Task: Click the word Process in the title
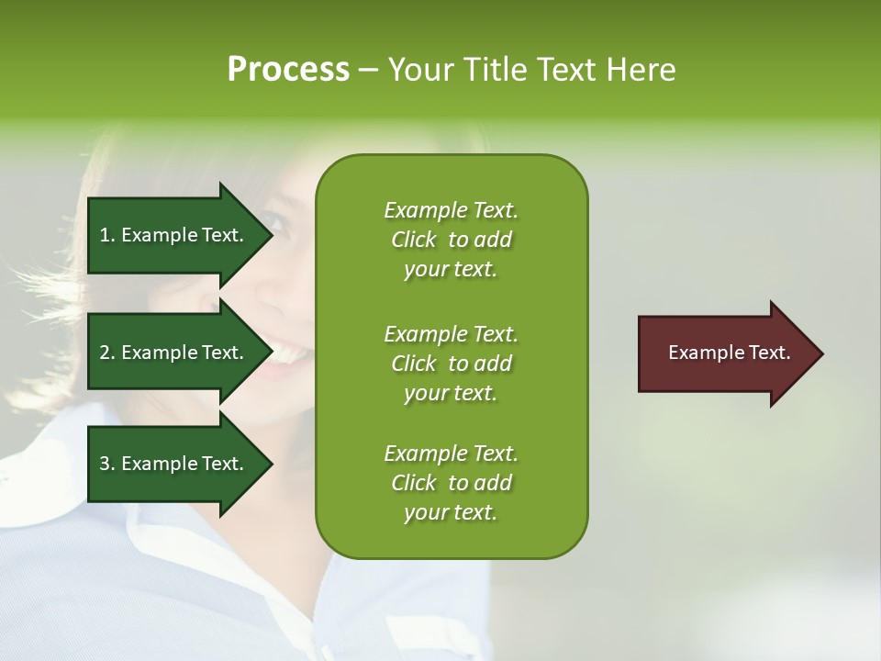coord(288,70)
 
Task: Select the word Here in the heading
coord(641,70)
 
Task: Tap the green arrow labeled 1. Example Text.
coord(174,235)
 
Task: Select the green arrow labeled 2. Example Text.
coord(174,353)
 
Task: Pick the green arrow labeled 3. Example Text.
coord(174,464)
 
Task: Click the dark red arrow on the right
coord(725,353)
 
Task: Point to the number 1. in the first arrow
coord(107,235)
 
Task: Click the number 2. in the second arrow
coord(107,353)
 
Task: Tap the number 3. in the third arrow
coord(107,464)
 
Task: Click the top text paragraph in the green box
coord(451,240)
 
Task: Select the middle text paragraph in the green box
coord(451,364)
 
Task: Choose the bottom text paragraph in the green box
coord(451,483)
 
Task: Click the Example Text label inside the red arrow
coord(730,353)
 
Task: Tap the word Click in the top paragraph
coord(414,240)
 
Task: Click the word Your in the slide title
coord(419,70)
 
